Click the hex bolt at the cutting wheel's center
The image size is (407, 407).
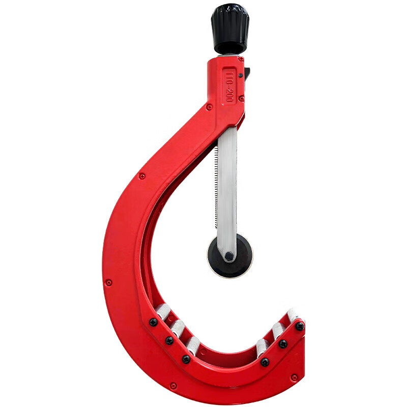(x=229, y=256)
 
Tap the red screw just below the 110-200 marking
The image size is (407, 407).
(x=241, y=98)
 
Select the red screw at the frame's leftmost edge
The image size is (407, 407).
(x=108, y=282)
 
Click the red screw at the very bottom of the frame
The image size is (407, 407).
(x=173, y=386)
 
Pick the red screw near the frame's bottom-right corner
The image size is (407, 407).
(x=294, y=377)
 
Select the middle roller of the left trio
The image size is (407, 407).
(x=178, y=328)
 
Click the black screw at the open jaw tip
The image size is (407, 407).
(x=300, y=326)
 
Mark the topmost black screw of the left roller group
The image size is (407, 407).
(x=153, y=322)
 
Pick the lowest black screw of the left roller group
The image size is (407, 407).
(x=186, y=359)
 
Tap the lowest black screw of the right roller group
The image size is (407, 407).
(x=265, y=362)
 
